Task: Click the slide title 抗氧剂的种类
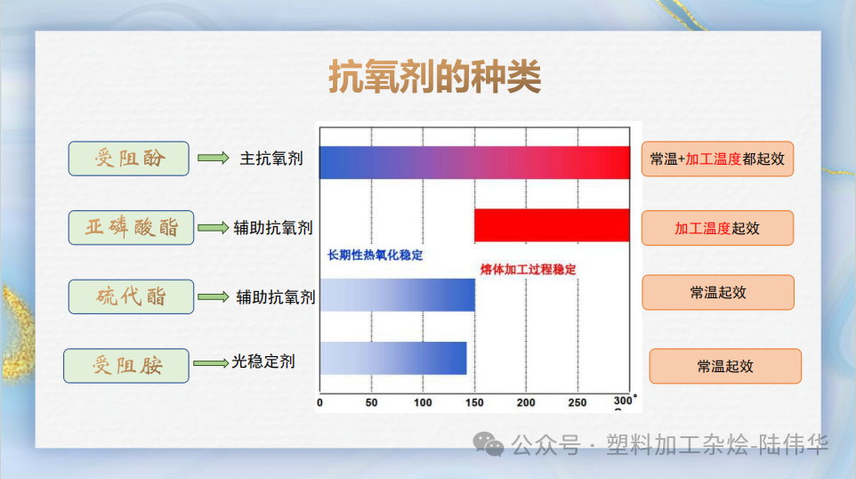pyautogui.click(x=434, y=78)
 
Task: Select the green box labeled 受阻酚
pyautogui.click(x=129, y=158)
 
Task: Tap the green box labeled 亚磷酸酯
pyautogui.click(x=132, y=227)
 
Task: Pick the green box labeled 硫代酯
pyautogui.click(x=131, y=296)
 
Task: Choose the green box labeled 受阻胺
pyautogui.click(x=126, y=365)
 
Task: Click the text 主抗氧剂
pyautogui.click(x=271, y=158)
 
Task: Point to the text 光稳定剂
pyautogui.click(x=263, y=361)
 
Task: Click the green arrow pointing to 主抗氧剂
pyautogui.click(x=213, y=158)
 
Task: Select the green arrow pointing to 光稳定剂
pyautogui.click(x=211, y=362)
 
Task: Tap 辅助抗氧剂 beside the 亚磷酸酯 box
pyautogui.click(x=273, y=228)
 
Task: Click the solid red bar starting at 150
pyautogui.click(x=552, y=225)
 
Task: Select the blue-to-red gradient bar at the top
pyautogui.click(x=474, y=162)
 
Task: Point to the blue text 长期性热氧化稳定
pyautogui.click(x=376, y=256)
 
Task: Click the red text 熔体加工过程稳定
pyautogui.click(x=529, y=269)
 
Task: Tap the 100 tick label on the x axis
pyautogui.click(x=423, y=402)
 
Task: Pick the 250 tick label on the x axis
pyautogui.click(x=578, y=402)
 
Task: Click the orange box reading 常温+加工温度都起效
pyautogui.click(x=717, y=159)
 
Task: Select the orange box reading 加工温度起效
pyautogui.click(x=717, y=228)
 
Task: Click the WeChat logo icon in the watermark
pyautogui.click(x=489, y=443)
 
